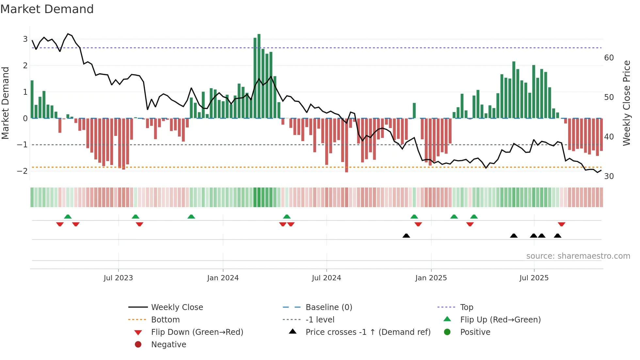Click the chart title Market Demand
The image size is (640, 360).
tap(47, 9)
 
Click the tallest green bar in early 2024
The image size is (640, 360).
tap(259, 76)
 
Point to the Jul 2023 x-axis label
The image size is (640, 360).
tap(118, 278)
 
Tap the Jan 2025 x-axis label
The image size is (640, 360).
tap(431, 278)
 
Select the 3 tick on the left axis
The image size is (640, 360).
tap(25, 39)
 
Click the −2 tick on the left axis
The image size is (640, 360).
tap(23, 171)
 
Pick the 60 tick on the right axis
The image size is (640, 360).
tap(609, 58)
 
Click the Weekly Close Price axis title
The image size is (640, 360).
tap(626, 103)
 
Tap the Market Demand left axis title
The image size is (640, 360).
tap(5, 103)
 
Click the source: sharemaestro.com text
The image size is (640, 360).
tap(578, 256)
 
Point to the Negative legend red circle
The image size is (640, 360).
tap(138, 345)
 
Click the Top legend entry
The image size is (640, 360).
tap(467, 307)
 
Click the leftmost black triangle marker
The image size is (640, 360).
tap(406, 236)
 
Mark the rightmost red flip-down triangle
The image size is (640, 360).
tap(562, 224)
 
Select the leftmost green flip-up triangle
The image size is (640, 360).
tap(68, 217)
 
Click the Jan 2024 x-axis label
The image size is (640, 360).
tap(223, 278)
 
